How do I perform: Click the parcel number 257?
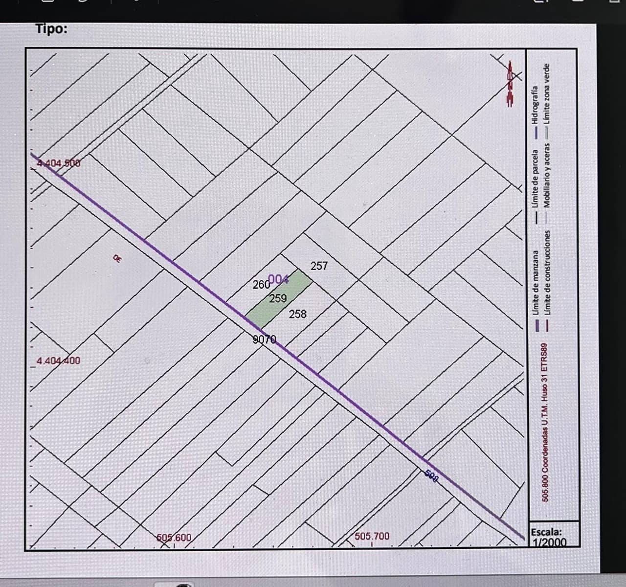[319, 266]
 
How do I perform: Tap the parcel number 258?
[297, 314]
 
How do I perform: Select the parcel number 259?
[278, 298]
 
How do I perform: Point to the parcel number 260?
[261, 284]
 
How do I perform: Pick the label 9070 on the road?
[265, 339]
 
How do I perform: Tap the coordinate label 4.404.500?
[59, 163]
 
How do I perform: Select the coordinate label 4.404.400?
[59, 361]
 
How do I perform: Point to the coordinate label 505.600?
[174, 538]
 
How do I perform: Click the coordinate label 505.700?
[372, 536]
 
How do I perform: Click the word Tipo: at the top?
[51, 29]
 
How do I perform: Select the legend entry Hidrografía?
[535, 105]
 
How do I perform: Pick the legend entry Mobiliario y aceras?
[547, 174]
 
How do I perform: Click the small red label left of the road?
[117, 258]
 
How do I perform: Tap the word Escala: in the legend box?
[546, 531]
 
